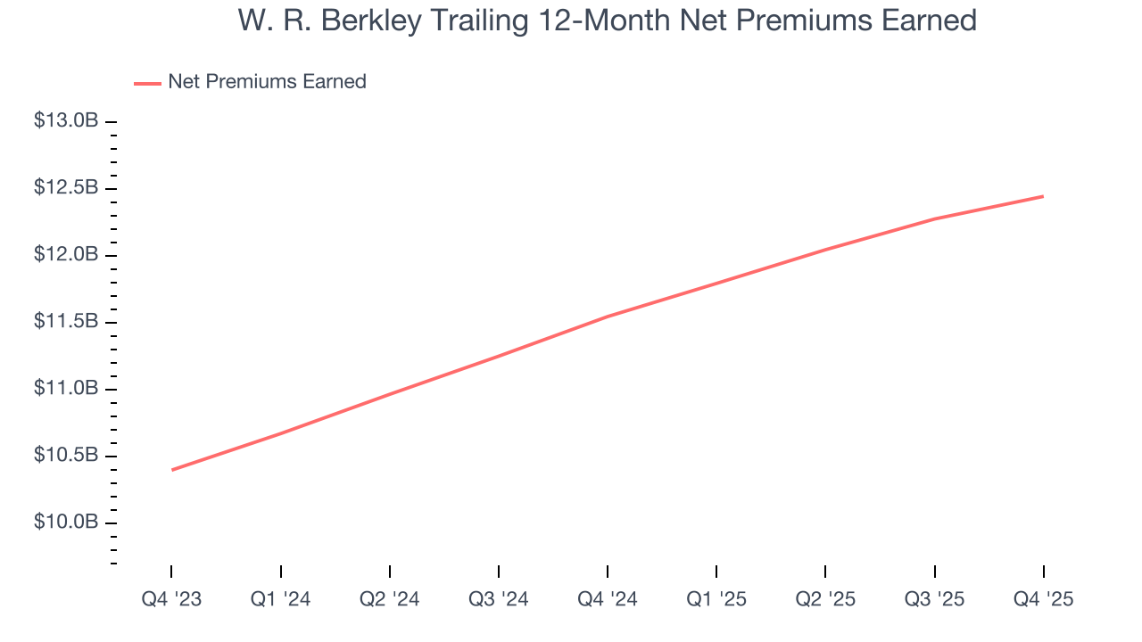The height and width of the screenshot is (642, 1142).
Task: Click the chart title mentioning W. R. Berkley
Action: [x=607, y=21]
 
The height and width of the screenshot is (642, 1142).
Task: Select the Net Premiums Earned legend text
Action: [x=267, y=82]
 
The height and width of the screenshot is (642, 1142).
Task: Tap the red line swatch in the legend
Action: [x=147, y=83]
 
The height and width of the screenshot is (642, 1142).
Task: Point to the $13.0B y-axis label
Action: [x=66, y=120]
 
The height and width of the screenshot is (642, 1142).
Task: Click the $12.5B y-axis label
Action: [x=66, y=188]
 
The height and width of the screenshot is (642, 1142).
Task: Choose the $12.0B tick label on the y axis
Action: [x=66, y=255]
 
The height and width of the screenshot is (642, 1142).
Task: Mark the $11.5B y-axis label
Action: [x=66, y=322]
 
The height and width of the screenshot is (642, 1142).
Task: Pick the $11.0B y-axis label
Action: [x=66, y=389]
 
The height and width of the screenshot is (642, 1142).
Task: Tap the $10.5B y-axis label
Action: [x=66, y=456]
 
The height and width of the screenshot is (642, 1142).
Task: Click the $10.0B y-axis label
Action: [x=66, y=522]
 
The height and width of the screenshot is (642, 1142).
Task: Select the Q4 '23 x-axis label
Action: [x=171, y=600]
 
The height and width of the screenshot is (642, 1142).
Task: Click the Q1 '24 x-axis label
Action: [x=281, y=600]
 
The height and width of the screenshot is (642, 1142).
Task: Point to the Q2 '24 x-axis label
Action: [x=390, y=600]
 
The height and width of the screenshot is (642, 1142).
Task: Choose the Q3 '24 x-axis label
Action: [x=499, y=600]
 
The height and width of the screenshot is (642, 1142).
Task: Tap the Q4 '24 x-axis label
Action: [x=608, y=600]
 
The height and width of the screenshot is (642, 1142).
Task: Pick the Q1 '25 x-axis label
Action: [x=716, y=600]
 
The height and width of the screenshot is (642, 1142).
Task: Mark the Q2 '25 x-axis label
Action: [x=825, y=600]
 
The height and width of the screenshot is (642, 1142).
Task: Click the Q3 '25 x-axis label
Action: [x=934, y=600]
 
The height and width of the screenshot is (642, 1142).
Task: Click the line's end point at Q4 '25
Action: [x=1043, y=196]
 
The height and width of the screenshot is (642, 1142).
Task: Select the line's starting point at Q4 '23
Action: [x=172, y=470]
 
